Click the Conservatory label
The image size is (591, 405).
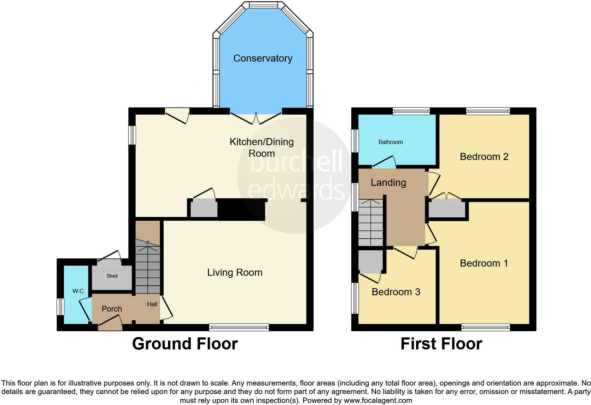click(x=263, y=58)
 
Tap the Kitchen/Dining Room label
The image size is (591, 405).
click(x=262, y=148)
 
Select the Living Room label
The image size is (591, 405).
click(x=235, y=273)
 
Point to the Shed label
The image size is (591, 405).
click(x=112, y=276)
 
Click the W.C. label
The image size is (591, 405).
click(x=78, y=291)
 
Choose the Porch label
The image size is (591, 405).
click(x=112, y=309)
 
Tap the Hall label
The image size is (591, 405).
click(x=152, y=304)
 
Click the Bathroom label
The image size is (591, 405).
click(x=391, y=142)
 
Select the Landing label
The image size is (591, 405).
click(x=388, y=183)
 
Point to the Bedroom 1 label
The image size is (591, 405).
click(x=484, y=263)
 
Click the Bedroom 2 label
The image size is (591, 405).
click(x=484, y=157)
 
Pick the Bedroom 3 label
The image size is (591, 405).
click(x=396, y=292)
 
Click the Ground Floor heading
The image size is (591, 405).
click(x=185, y=344)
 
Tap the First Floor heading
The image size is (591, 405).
click(x=441, y=344)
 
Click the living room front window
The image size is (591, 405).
click(x=239, y=327)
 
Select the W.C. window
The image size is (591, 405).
click(x=60, y=307)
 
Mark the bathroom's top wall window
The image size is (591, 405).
click(x=411, y=111)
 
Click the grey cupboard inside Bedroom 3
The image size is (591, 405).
click(x=370, y=261)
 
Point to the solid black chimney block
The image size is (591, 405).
click(x=242, y=209)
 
